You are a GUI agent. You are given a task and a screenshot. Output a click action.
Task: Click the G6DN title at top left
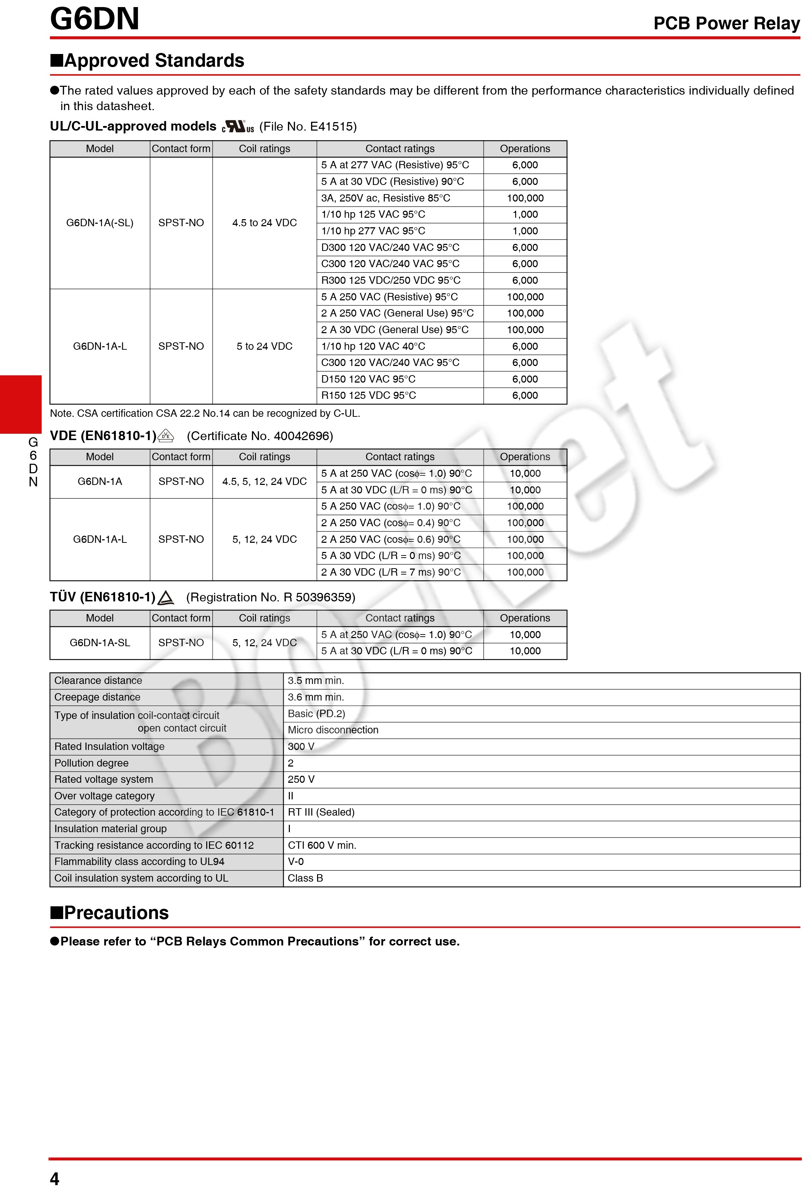click(x=95, y=19)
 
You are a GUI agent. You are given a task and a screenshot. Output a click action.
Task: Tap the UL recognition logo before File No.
click(x=238, y=126)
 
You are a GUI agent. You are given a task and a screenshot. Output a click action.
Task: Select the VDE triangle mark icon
click(x=166, y=436)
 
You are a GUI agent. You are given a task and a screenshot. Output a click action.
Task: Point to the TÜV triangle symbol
click(x=166, y=597)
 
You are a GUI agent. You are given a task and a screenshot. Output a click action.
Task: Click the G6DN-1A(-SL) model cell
click(x=100, y=223)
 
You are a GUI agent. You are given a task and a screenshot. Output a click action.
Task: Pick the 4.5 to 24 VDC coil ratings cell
click(x=264, y=223)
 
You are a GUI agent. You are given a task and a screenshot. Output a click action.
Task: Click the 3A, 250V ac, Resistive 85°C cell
click(x=385, y=198)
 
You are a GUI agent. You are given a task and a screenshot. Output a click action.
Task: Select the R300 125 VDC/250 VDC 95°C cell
click(x=390, y=280)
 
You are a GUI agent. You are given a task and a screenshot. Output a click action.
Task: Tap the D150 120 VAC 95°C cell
click(x=368, y=379)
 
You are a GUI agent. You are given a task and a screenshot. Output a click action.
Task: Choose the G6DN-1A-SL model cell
click(x=100, y=643)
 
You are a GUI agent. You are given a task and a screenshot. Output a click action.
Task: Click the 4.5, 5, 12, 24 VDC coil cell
click(x=264, y=481)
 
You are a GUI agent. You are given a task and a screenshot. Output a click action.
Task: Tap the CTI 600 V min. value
click(x=322, y=845)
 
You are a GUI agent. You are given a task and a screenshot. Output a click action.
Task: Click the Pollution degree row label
click(x=91, y=763)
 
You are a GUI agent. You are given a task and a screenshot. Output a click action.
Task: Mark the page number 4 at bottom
click(x=54, y=1178)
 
